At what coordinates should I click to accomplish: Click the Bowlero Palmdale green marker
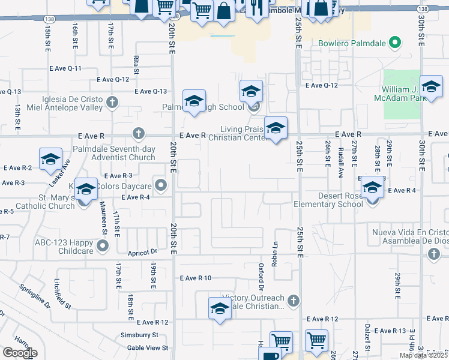[394, 43]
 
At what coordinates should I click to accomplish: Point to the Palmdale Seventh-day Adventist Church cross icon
[138, 133]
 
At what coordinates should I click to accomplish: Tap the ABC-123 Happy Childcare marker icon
[103, 245]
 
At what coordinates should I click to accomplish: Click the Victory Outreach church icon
[293, 301]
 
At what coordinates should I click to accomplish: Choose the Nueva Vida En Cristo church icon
[433, 255]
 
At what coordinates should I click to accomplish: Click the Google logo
[19, 353]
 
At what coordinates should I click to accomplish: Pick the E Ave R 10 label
[195, 278]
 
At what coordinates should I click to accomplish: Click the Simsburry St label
[139, 335]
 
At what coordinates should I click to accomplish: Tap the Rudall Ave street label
[340, 158]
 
